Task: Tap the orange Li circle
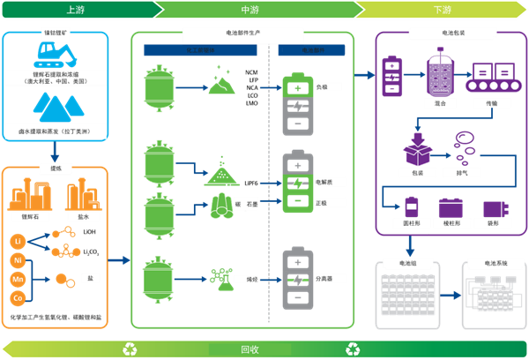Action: point(18,241)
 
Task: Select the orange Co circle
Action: point(18,299)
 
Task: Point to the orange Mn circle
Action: point(18,280)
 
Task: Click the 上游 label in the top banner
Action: point(76,10)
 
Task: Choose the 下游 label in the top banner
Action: point(442,10)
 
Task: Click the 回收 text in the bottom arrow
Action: point(250,349)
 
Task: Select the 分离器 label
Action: point(324,278)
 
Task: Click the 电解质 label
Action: point(324,182)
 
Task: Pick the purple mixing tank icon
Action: point(439,71)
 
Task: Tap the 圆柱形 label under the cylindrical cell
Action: point(412,224)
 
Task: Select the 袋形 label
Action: point(492,224)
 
